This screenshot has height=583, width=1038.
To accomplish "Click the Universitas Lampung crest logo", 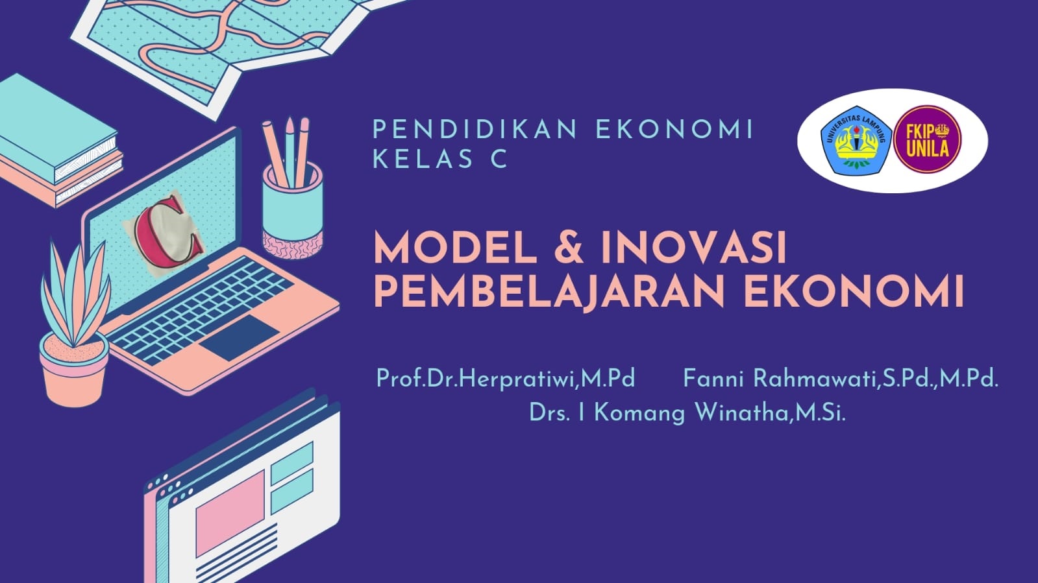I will pos(854,140).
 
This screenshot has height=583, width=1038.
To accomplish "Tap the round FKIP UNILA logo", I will pos(927,140).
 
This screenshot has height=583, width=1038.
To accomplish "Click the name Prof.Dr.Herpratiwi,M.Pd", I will pos(505,378).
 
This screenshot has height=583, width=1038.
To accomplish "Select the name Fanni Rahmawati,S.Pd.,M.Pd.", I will pos(840,378).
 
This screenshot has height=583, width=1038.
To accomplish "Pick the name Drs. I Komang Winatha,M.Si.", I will pos(687,412).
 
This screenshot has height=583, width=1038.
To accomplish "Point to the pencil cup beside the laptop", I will pos(292,208).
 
